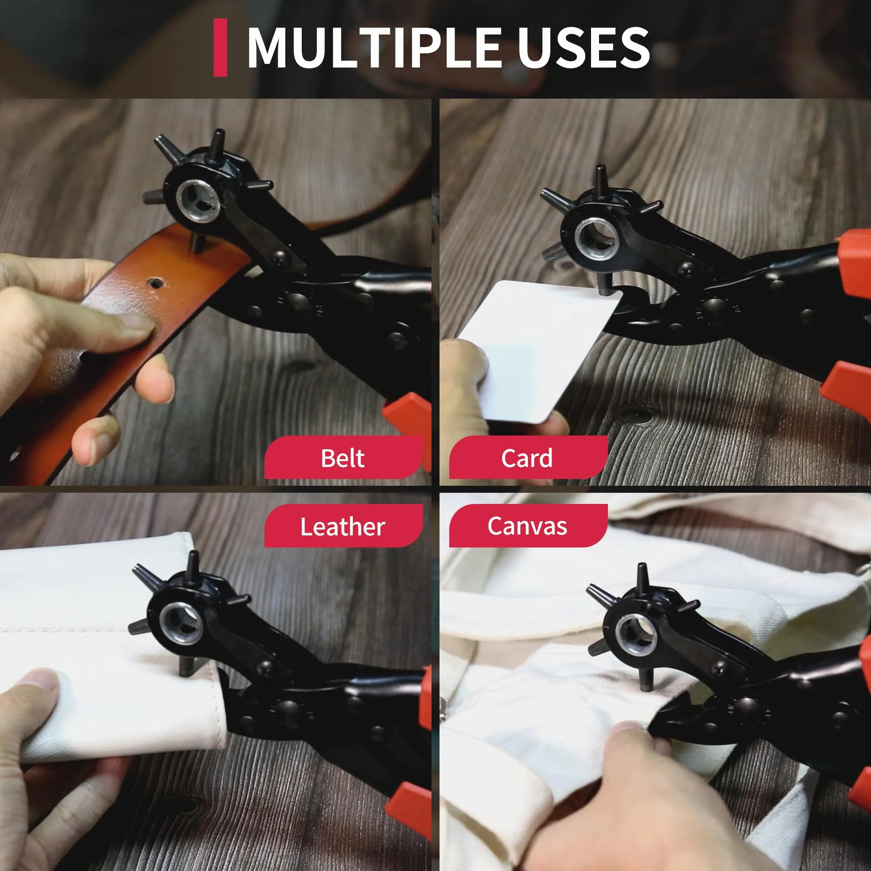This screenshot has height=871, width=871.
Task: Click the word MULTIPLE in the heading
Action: [374, 48]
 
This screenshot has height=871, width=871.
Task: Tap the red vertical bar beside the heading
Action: [220, 48]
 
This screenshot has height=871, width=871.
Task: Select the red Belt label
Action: [344, 457]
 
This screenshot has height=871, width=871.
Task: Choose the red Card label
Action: [528, 457]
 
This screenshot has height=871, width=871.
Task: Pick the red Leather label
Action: [344, 526]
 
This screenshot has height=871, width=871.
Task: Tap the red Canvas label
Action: [528, 526]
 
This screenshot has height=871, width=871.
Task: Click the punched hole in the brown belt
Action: [156, 283]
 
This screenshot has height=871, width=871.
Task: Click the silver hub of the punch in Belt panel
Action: [198, 200]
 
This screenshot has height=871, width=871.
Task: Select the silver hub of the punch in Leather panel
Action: [180, 623]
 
